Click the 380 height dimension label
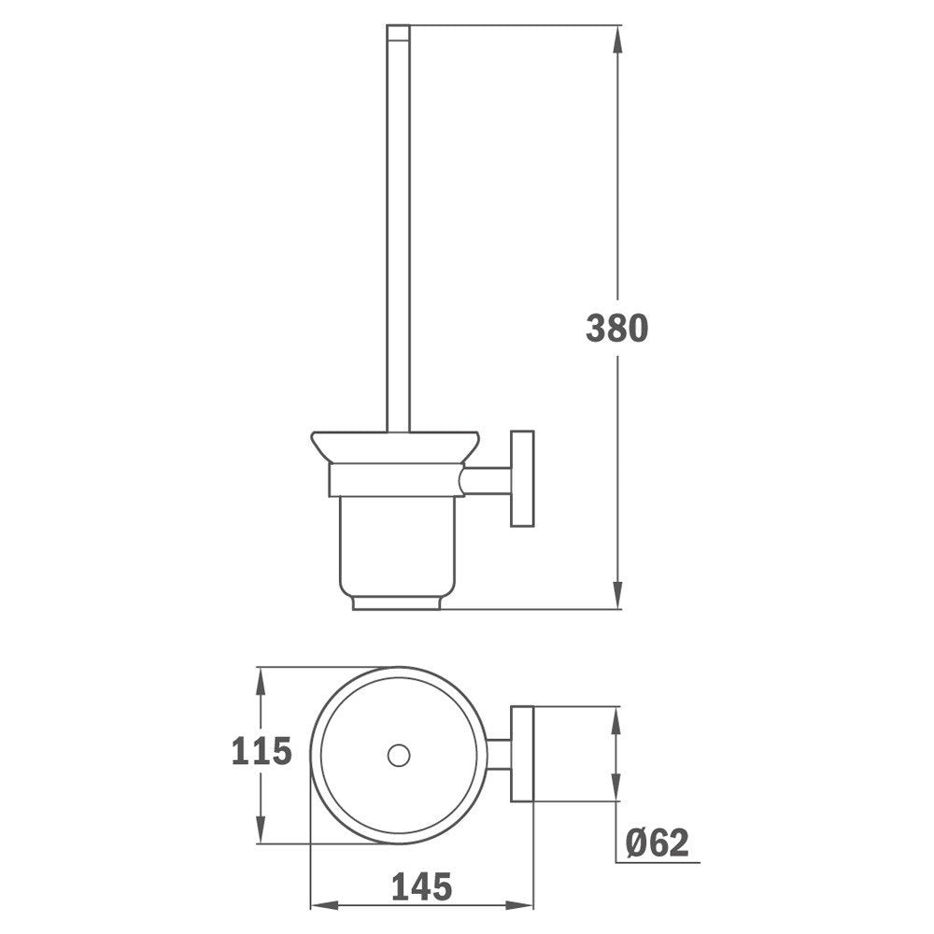click(616, 328)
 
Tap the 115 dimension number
click(262, 751)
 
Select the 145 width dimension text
click(422, 887)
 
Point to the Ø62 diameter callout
click(657, 842)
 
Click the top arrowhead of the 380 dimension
click(617, 38)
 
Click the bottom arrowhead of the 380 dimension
click(617, 595)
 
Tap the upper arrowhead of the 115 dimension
click(260, 681)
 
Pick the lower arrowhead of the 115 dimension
click(260, 829)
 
